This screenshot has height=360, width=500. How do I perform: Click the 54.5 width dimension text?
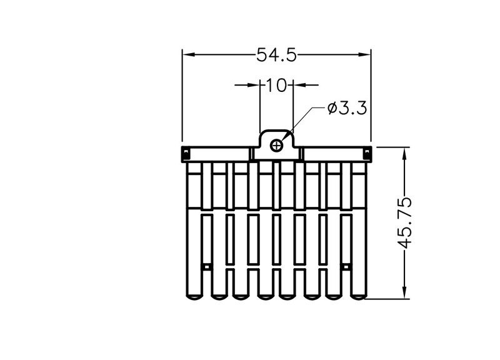point(276,54)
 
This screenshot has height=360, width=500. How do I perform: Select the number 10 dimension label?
point(276,85)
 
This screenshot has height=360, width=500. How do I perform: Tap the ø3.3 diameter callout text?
point(347,108)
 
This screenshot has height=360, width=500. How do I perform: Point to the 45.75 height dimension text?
point(405,222)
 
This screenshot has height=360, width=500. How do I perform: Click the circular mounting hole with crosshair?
point(276,146)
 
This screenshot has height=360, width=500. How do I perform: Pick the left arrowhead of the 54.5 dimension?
point(189,54)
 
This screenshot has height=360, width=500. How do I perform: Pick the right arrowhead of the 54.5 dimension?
point(364,54)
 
